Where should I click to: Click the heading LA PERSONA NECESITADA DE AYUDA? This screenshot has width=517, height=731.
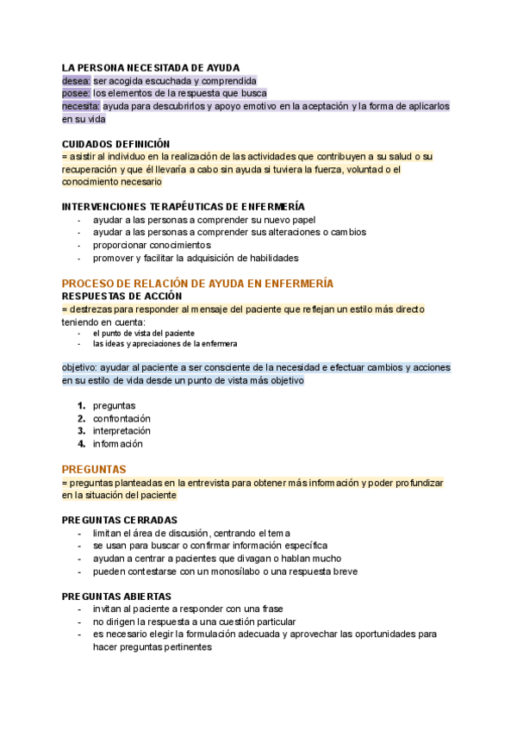tap(150, 67)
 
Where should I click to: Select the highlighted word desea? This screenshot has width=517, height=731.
tap(76, 80)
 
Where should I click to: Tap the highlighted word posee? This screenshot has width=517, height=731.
tap(76, 93)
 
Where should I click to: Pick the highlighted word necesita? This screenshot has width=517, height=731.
tap(81, 106)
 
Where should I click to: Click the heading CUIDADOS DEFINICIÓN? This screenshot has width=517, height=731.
tap(116, 143)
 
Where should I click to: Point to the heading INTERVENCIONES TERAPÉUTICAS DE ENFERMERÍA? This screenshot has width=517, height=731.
tap(183, 207)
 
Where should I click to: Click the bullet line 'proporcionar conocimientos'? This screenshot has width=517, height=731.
tap(151, 245)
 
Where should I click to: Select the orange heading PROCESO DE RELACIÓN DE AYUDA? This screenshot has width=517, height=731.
tap(197, 284)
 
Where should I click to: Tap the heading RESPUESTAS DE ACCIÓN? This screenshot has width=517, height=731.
tap(133, 297)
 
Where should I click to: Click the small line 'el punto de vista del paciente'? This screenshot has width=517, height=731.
tap(143, 333)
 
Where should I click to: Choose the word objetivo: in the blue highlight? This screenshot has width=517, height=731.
tap(79, 367)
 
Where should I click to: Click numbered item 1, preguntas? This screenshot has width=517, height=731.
tap(114, 405)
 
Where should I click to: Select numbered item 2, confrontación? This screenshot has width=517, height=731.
tap(127, 418)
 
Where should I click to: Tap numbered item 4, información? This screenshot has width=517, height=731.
tap(117, 444)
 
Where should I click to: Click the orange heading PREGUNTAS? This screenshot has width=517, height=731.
tap(94, 469)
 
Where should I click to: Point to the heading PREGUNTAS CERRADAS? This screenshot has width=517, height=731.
tap(120, 520)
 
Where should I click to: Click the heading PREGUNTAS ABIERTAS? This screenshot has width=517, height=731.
tap(116, 597)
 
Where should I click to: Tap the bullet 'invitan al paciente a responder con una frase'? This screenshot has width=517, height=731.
tap(188, 609)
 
